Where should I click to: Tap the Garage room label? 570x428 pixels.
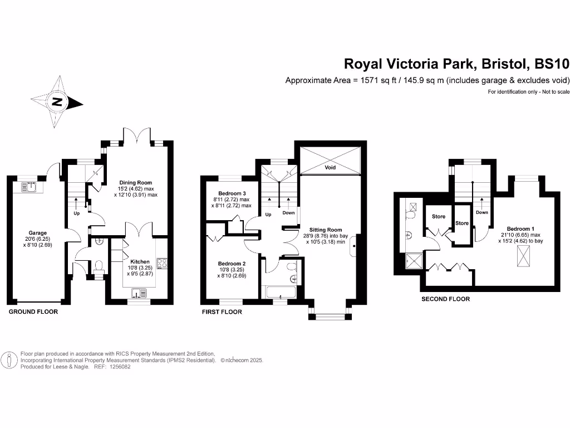point(38,233)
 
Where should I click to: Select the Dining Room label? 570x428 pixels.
point(136,182)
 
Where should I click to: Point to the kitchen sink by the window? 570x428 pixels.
point(138,293)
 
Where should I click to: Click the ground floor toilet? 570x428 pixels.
point(99,267)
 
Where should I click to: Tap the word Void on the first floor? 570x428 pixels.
point(330,167)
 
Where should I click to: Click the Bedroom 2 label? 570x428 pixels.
point(232,264)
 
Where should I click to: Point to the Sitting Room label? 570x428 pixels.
point(326,229)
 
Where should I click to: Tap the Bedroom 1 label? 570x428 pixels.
point(520,228)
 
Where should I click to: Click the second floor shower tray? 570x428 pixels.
point(414,260)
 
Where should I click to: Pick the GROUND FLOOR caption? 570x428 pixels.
point(33,312)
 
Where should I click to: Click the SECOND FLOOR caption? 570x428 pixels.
point(445,299)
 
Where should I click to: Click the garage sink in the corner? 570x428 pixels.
point(27,187)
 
